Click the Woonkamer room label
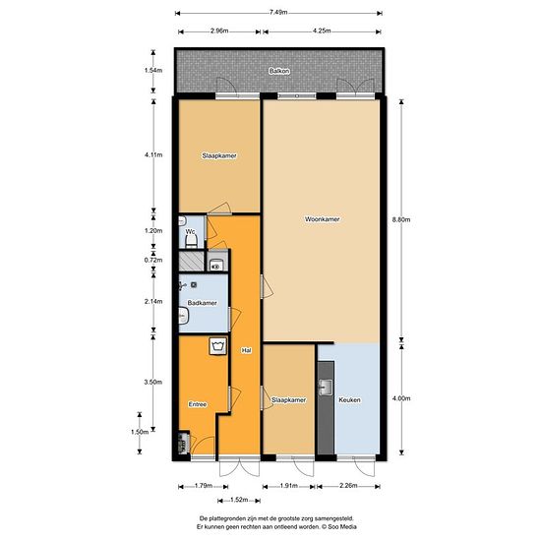click(x=322, y=219)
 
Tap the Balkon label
click(x=279, y=72)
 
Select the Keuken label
click(x=349, y=400)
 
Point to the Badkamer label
click(x=202, y=303)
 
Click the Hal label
click(x=246, y=350)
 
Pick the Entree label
click(x=198, y=404)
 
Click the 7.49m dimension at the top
click(x=278, y=13)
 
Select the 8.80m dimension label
click(x=401, y=219)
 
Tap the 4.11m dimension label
click(x=153, y=154)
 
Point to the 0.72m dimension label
click(x=153, y=260)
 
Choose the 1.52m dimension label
click(x=239, y=500)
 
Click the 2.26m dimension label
click(x=348, y=486)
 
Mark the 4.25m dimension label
click(x=322, y=30)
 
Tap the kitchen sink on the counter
click(x=325, y=388)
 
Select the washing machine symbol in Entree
click(x=218, y=346)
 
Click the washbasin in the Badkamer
click(x=183, y=316)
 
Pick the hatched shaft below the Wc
click(x=192, y=262)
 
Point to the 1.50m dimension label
click(x=140, y=432)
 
